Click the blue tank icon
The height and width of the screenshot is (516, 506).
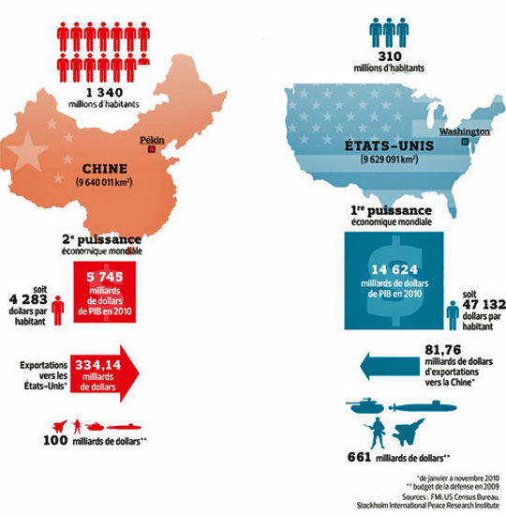[366, 407]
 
